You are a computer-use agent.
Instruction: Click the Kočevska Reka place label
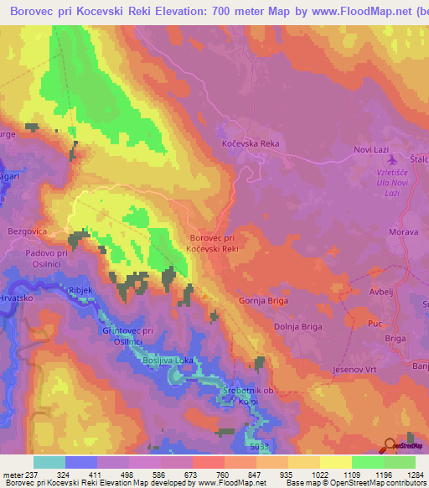click(x=250, y=144)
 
